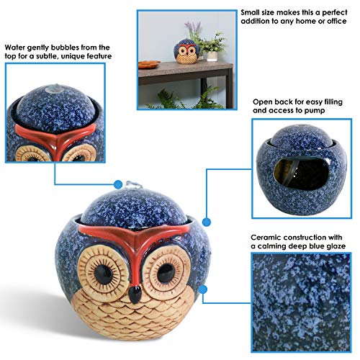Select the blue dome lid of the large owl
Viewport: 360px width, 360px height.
point(137,209)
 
